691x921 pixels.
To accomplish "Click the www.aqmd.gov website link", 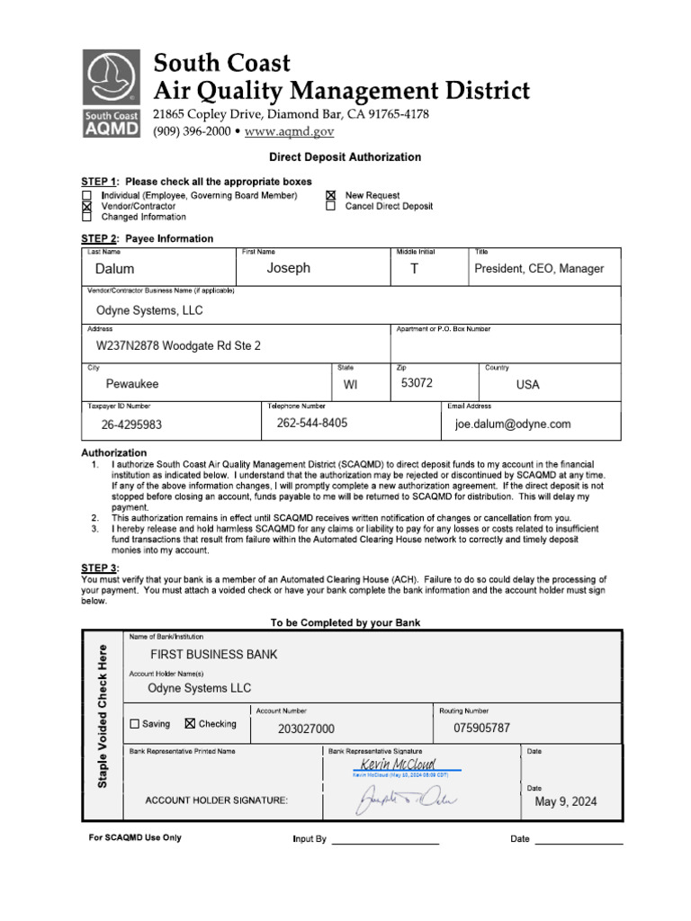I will point(289,131).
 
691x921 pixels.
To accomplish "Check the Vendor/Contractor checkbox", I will point(87,206).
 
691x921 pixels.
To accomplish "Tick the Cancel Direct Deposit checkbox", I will point(330,206).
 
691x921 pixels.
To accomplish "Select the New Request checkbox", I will point(330,195).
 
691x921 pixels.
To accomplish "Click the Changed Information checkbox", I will point(87,217).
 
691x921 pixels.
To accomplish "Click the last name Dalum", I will point(114,269).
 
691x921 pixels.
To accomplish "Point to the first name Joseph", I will point(288,268).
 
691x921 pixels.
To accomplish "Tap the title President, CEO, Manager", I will point(539,269).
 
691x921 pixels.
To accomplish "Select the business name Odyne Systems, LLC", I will point(149,310).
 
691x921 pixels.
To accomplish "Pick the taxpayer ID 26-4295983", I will point(131,425).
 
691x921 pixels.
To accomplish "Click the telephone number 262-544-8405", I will point(312,423).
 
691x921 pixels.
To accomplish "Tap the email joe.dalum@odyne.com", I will point(513,425).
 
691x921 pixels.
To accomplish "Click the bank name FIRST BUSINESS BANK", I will point(213,655).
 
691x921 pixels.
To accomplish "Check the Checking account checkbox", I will point(190,724).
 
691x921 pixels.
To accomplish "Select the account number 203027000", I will point(306,729).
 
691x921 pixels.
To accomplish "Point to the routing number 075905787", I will point(481,728).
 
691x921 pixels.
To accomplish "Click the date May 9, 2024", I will point(565,801).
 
